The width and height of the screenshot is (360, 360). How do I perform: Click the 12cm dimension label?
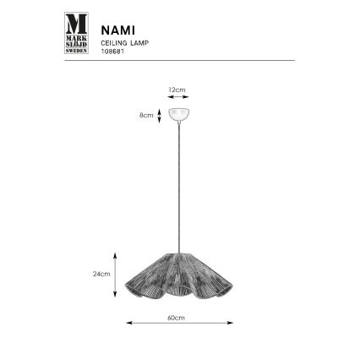click(179, 88)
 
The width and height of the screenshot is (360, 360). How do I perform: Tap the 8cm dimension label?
click(147, 114)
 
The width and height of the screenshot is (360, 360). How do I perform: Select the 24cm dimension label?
click(100, 275)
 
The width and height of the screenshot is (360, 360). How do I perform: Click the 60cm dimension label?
click(177, 317)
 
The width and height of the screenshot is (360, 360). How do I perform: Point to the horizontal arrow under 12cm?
click(179, 98)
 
